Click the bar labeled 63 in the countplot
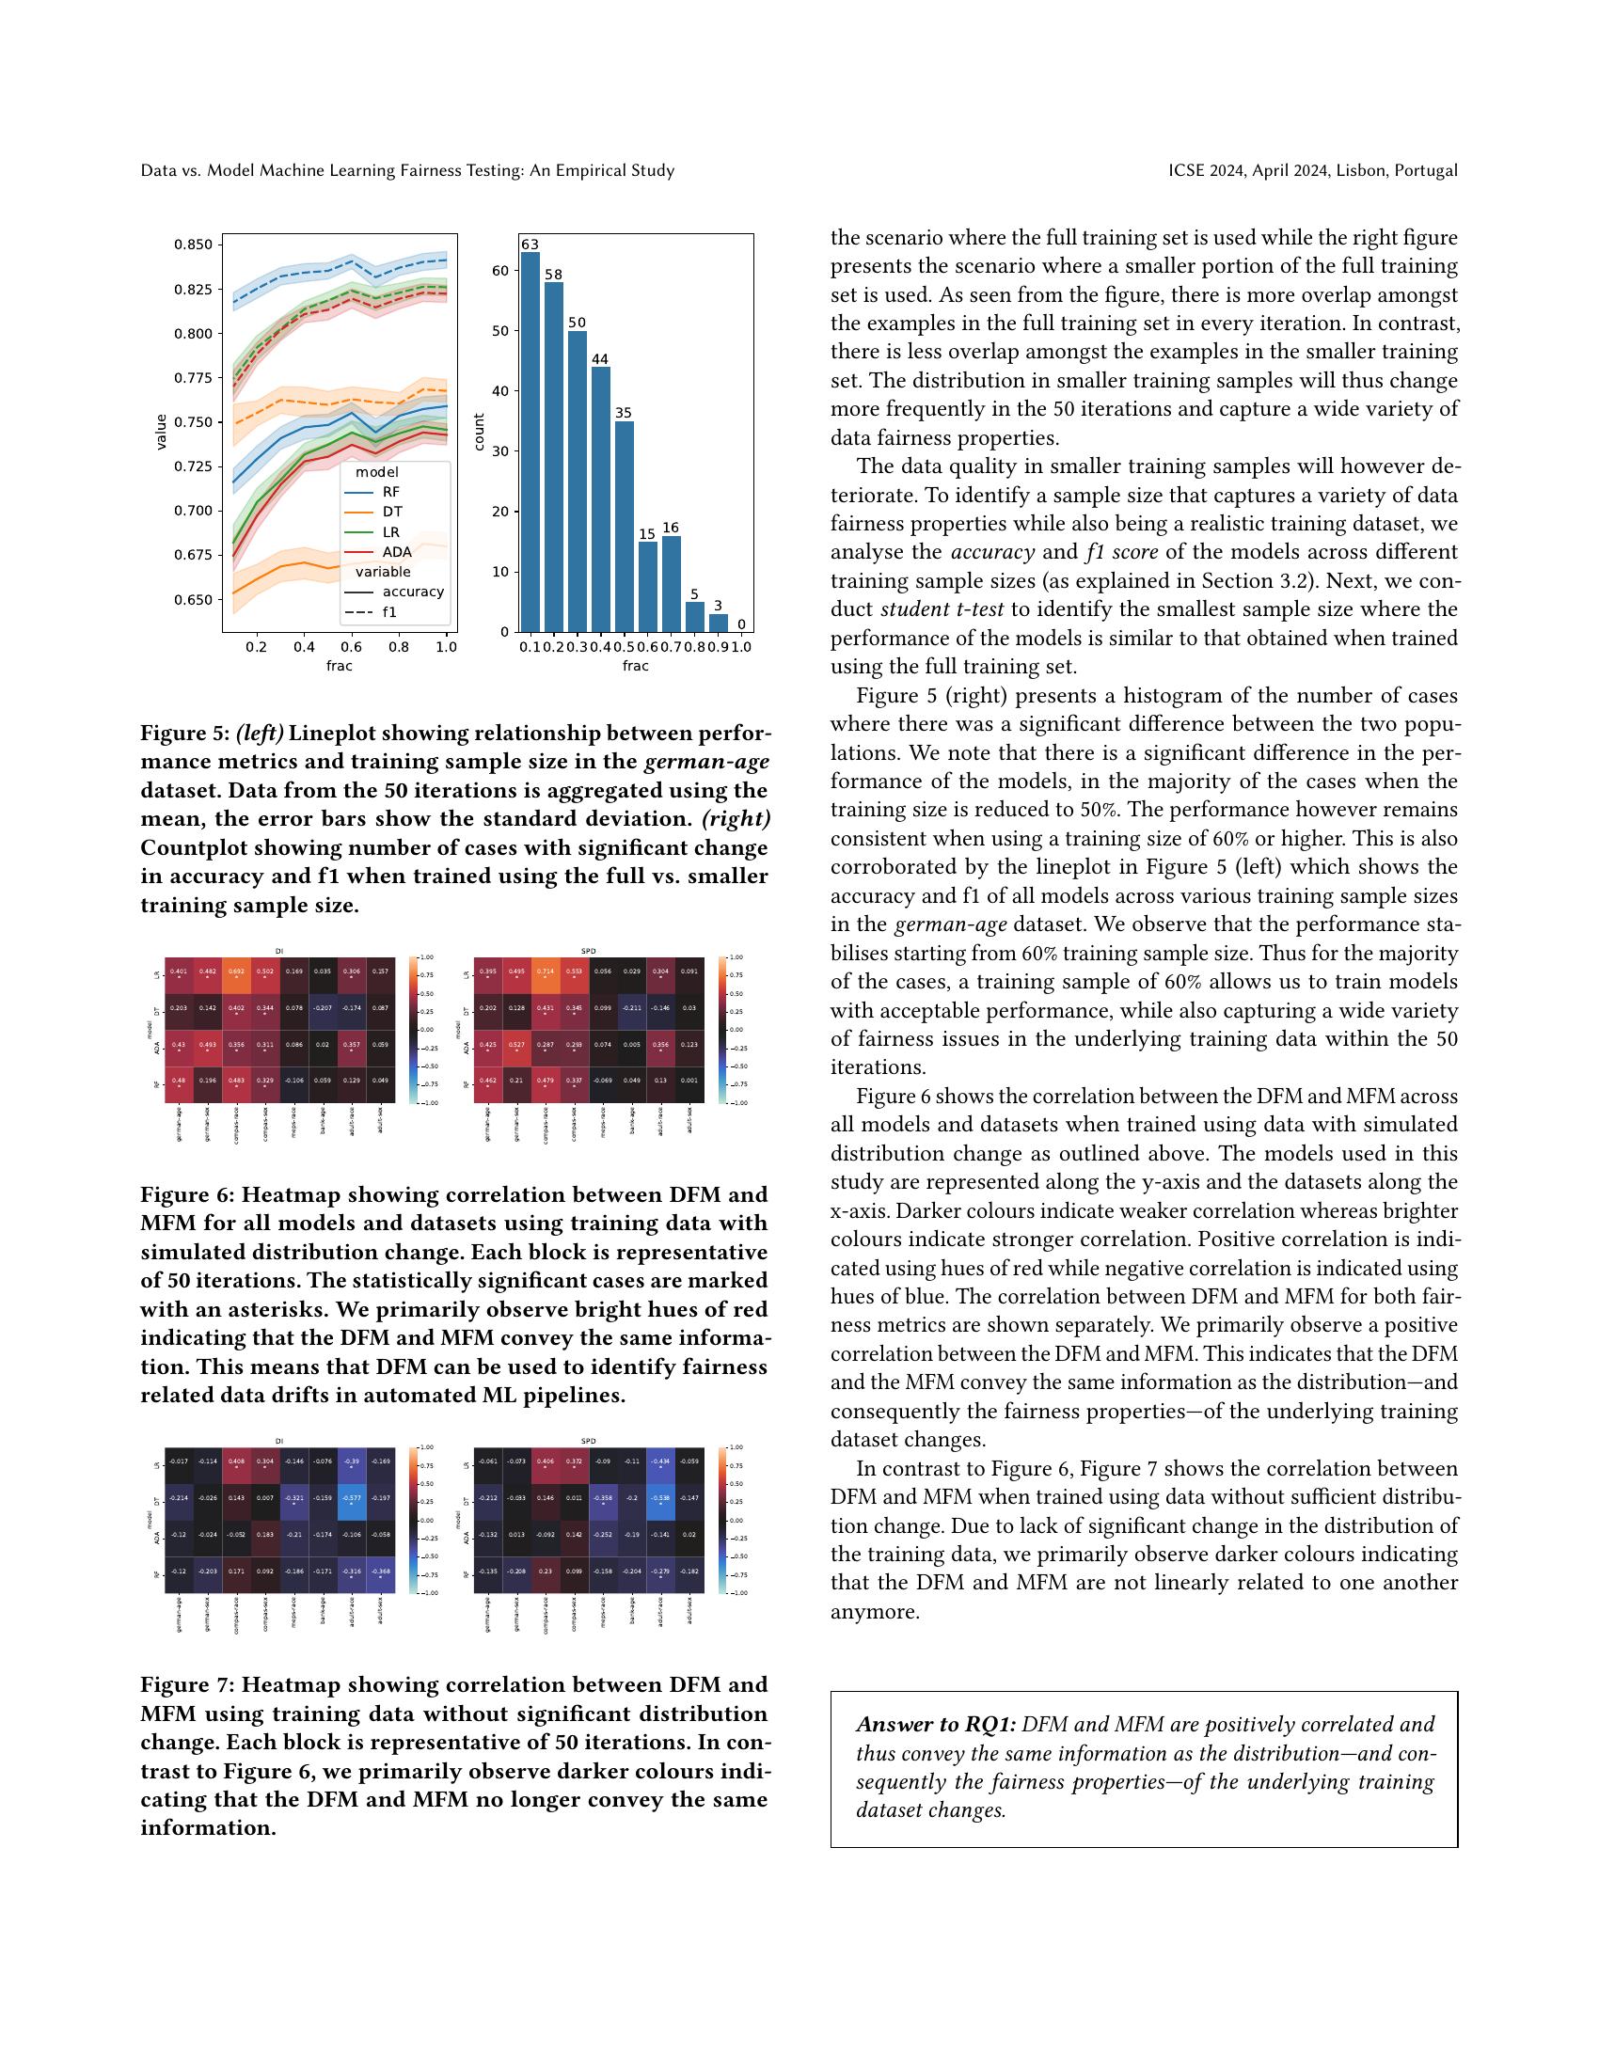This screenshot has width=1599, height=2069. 530,440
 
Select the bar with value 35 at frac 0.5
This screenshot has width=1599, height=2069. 625,526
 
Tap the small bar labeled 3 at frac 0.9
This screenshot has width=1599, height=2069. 719,623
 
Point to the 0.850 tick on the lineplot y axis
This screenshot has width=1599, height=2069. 193,245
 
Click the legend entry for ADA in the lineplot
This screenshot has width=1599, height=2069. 397,551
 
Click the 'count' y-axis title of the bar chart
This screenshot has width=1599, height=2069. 480,432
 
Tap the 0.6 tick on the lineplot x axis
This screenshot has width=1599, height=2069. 352,647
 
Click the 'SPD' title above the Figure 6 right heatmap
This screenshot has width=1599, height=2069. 588,950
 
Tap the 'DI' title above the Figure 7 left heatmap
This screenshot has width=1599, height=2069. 278,1441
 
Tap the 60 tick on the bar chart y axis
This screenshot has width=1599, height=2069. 500,271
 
